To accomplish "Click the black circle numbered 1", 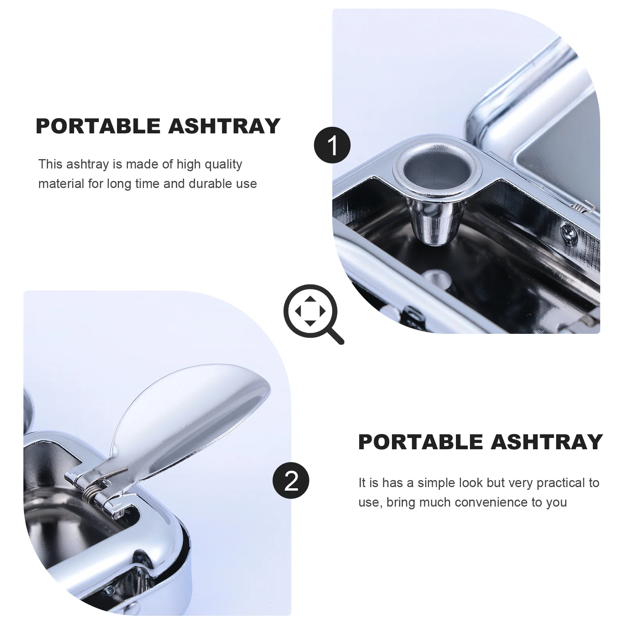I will (332, 145).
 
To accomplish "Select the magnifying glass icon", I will (311, 311).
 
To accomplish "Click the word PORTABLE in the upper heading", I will (98, 126).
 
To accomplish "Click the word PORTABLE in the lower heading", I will (420, 442).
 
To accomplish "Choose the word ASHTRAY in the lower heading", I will (547, 442).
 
